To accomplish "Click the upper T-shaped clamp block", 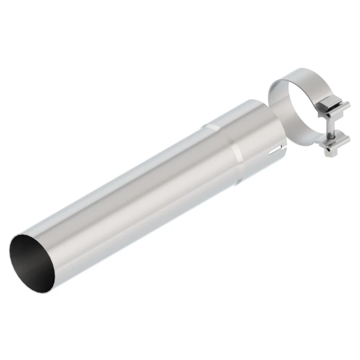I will click(x=333, y=111).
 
